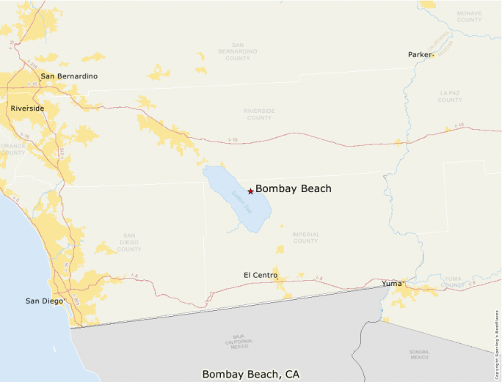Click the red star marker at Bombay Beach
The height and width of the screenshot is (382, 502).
[250, 191]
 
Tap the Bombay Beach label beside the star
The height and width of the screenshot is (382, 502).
[294, 189]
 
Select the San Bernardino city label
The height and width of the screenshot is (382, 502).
[69, 76]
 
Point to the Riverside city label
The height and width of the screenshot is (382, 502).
[27, 109]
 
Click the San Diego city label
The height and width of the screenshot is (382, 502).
[43, 301]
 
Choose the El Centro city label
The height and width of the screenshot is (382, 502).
[261, 275]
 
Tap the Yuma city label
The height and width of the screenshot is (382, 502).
[393, 283]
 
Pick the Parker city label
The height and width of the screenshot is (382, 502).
[420, 55]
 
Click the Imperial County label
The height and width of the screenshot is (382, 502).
[305, 238]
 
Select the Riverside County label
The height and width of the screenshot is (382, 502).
[258, 114]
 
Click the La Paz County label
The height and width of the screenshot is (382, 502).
[450, 97]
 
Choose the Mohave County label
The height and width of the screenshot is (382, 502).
[469, 16]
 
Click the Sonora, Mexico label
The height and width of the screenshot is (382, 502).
[419, 355]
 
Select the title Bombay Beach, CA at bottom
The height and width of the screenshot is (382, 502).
[250, 375]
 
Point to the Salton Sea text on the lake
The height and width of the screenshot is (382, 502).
[239, 198]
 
